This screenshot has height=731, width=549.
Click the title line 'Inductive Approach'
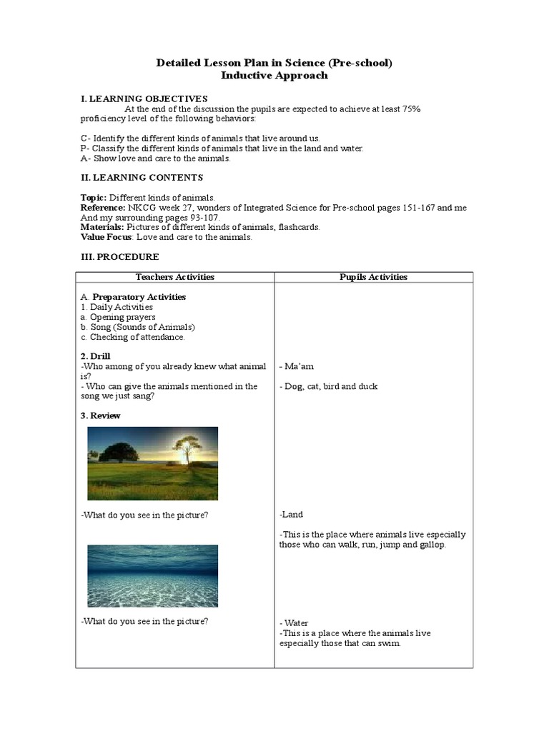pos(274,75)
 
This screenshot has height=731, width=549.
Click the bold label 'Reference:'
pos(103,207)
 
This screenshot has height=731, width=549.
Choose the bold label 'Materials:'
pos(102,227)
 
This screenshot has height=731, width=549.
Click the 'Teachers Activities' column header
pos(175,277)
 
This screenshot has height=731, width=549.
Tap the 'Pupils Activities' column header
pos(373,277)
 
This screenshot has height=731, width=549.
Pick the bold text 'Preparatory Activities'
pos(139,297)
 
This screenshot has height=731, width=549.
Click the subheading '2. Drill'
pos(95,356)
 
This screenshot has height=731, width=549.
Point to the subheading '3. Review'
pos(100,415)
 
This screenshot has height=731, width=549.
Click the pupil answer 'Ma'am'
pos(300,366)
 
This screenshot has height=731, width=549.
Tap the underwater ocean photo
pos(152,575)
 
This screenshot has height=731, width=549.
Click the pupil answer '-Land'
pos(292,514)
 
